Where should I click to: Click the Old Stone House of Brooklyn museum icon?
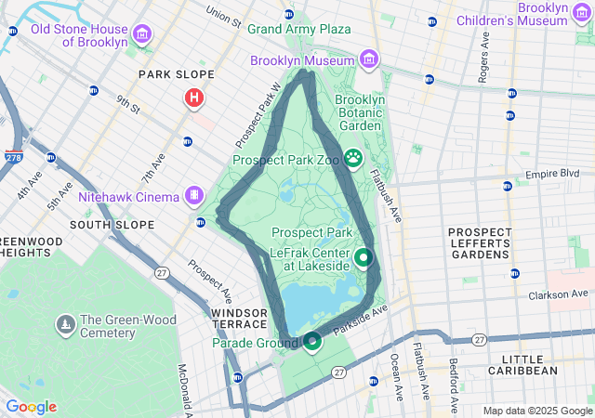142,35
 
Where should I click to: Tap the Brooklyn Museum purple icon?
370,60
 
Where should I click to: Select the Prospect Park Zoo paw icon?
353,159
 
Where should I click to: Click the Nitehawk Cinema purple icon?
193,196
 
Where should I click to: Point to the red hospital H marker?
193,98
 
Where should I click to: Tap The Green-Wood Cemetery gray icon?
65,324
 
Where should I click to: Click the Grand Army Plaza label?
298,29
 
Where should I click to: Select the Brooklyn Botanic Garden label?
359,112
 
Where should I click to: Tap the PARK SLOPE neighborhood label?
176,74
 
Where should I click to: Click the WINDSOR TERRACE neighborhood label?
244,320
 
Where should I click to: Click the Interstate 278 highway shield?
14,158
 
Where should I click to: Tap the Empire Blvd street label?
552,174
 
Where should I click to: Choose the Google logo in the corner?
31,407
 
